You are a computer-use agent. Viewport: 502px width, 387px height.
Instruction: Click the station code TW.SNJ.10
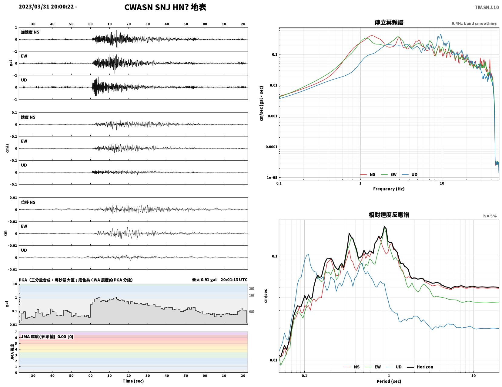[487, 7]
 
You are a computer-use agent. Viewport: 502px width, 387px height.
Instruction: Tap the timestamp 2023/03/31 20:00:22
[46, 6]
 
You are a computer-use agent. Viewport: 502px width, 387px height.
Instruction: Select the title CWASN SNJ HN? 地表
[165, 7]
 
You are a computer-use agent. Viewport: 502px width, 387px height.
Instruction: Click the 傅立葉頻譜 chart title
[389, 22]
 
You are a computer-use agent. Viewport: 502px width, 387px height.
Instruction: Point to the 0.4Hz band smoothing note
[474, 23]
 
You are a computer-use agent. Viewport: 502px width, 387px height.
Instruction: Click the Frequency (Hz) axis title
[389, 189]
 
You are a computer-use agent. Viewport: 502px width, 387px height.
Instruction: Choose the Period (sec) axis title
[389, 381]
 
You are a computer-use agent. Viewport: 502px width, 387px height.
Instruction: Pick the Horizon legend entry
[420, 367]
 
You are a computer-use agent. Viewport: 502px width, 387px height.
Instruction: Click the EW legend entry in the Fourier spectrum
[389, 175]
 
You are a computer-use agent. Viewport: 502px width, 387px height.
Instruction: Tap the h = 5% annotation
[490, 216]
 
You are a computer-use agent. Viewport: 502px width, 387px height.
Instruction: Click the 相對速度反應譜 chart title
[389, 215]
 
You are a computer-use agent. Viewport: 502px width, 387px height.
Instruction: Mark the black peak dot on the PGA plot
[116, 298]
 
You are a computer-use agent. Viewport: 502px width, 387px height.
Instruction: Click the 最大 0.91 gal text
[204, 280]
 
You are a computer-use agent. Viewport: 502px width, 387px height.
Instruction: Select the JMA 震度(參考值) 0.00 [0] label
[47, 336]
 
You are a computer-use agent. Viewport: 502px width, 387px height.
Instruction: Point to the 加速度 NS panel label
[30, 32]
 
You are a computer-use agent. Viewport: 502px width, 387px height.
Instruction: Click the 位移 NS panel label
[28, 202]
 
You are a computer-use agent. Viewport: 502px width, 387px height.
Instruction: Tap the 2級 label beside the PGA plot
[252, 288]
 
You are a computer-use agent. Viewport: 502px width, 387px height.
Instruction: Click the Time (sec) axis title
[133, 381]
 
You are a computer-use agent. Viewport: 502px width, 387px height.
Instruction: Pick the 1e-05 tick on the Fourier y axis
[272, 178]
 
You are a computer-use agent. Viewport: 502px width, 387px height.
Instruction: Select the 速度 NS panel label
[28, 117]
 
